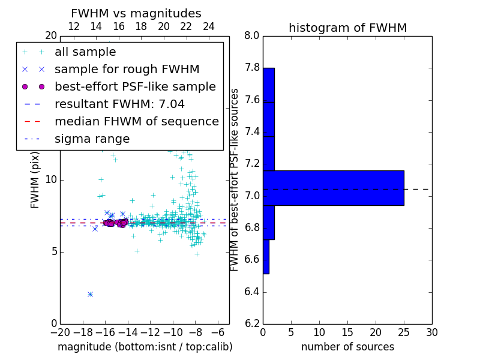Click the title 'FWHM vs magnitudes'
136,14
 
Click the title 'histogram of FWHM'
347,28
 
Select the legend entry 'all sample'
85,52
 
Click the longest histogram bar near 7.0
333,188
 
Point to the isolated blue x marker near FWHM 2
90,294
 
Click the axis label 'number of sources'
347,347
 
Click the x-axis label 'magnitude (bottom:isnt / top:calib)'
145,347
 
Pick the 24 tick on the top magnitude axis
209,26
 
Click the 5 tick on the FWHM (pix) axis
53,251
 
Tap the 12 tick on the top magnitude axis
74,26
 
